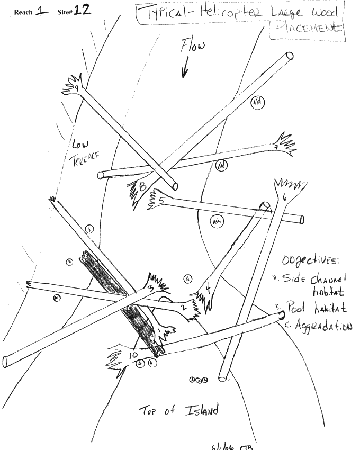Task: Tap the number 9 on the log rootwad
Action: pos(77,87)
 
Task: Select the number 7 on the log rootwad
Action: pos(276,147)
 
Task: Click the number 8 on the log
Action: pos(142,186)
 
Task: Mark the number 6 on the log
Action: pos(285,196)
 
